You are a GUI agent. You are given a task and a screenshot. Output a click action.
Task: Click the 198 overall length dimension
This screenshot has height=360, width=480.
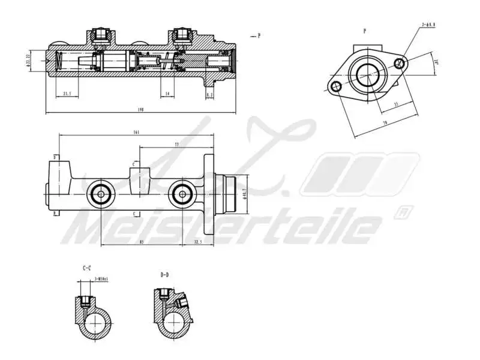(140, 109)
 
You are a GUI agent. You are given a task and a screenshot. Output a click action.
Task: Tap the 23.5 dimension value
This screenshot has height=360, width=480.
(67, 94)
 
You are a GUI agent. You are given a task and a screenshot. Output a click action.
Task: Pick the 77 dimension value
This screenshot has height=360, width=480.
(176, 145)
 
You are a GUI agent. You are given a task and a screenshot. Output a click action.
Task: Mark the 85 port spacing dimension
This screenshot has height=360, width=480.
(140, 242)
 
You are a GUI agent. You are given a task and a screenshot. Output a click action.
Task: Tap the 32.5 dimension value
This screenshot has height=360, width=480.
(198, 242)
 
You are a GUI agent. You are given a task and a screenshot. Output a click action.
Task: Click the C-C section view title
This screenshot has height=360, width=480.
(87, 268)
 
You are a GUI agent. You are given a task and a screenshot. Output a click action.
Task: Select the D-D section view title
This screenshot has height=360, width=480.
(164, 275)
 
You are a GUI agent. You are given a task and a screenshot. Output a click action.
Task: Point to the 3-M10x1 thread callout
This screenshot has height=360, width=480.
(100, 279)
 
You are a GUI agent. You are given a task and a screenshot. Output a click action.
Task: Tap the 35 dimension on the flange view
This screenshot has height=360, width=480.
(396, 104)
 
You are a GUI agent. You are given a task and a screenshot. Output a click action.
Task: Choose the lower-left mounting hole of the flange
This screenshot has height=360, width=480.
(337, 87)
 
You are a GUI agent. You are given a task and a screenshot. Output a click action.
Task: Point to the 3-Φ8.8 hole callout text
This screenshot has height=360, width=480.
(428, 25)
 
